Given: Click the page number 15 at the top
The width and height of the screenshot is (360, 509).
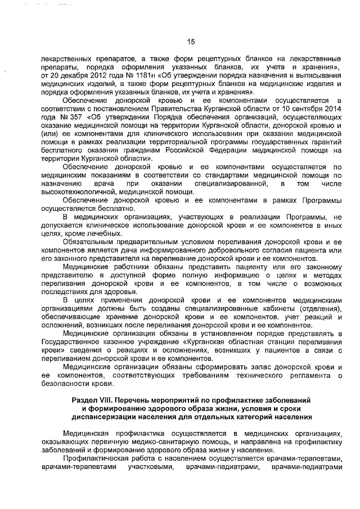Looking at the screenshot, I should (x=190, y=41).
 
